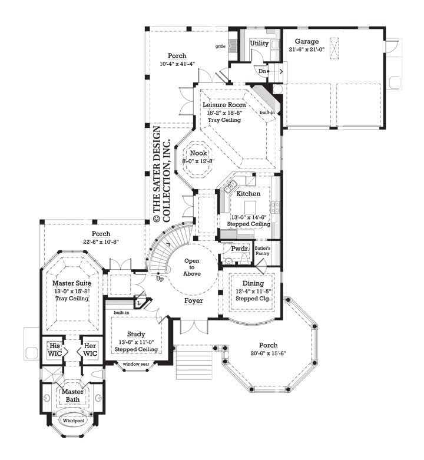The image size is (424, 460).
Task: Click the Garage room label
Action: point(307,42)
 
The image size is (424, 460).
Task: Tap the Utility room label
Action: point(259,44)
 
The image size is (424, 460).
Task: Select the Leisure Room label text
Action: point(224,105)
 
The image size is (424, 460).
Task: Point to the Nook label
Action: point(198,153)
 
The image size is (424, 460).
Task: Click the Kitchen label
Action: point(248,193)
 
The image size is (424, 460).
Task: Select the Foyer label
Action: point(193,301)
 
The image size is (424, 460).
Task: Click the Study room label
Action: point(135,334)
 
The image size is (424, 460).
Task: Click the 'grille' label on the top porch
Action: point(220,46)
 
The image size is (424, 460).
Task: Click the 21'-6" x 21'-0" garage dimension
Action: point(307,50)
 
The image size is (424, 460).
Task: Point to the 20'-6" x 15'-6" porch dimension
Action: point(263,353)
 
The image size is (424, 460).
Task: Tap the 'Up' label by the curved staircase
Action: point(160,279)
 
